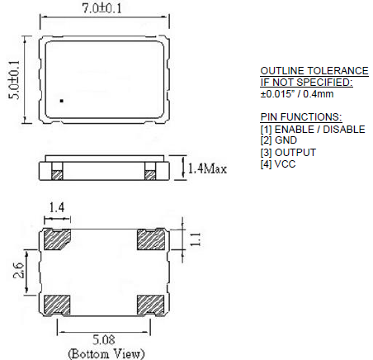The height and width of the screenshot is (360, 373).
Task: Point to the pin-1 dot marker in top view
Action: [61, 102]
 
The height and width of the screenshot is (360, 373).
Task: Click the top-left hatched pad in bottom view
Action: [58, 241]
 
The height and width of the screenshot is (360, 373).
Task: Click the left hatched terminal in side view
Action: [58, 173]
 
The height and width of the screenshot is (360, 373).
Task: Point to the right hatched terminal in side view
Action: [150, 173]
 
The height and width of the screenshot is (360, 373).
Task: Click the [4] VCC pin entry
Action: [279, 163]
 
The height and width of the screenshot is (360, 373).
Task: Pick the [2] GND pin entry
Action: [279, 140]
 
